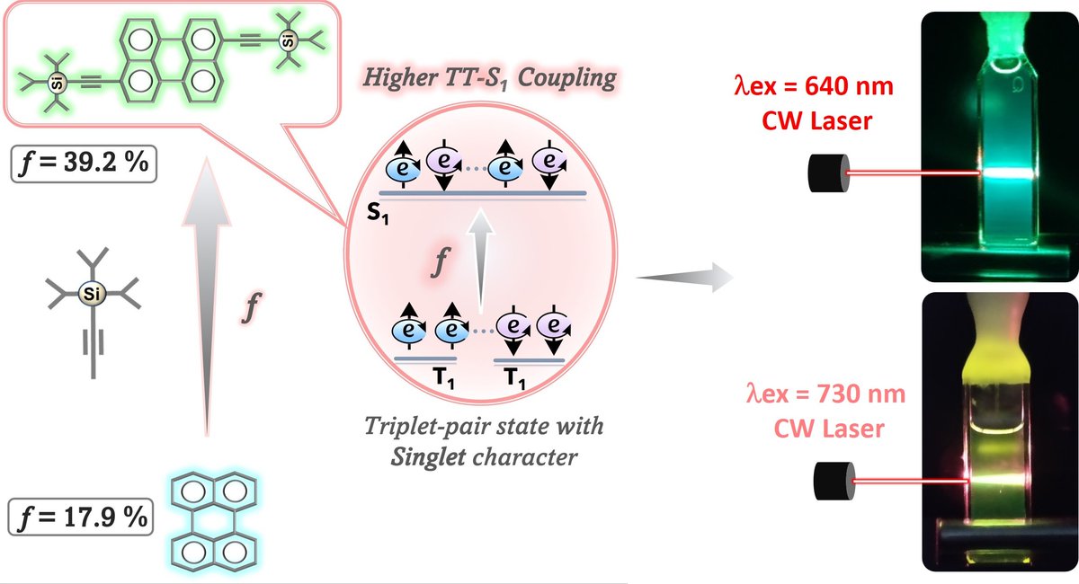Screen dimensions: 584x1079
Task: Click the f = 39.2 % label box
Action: pos(79,166)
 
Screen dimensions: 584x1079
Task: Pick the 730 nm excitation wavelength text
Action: pos(826,394)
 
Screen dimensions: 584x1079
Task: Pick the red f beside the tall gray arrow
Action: pos(253,308)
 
